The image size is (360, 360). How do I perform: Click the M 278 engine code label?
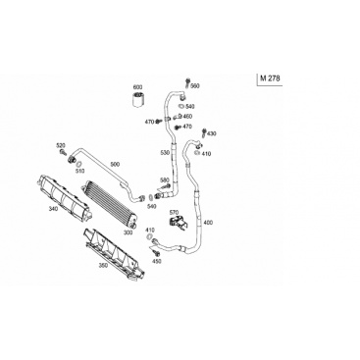click(270, 78)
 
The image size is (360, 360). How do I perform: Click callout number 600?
click(137, 87)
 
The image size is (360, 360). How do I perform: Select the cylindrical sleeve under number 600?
click(138, 99)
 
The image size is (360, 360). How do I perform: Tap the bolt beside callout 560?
click(187, 82)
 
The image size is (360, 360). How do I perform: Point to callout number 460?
click(187, 117)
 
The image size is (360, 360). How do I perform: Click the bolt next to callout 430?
click(204, 132)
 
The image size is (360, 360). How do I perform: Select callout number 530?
click(165, 153)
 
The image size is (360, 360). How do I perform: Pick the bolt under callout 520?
click(62, 152)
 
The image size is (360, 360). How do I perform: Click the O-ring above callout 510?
click(78, 163)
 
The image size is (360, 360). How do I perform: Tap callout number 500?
click(115, 164)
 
